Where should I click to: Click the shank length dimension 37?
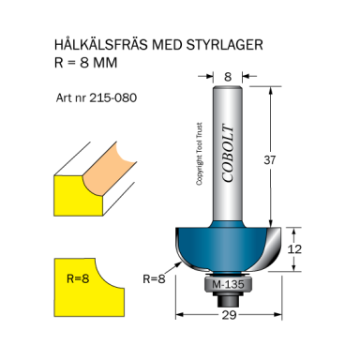pyautogui.click(x=296, y=160)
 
